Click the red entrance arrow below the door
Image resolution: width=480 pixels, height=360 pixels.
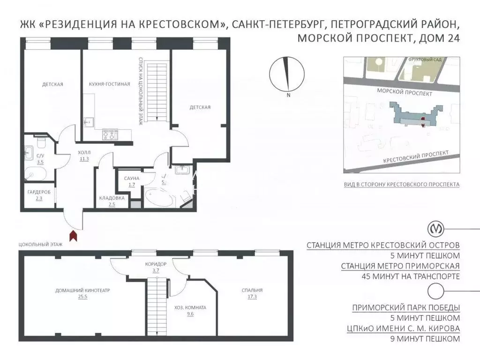(x=74, y=235)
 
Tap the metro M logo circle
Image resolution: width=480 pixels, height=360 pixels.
(x=437, y=230)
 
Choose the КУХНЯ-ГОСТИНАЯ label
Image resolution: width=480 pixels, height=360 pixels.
(x=109, y=84)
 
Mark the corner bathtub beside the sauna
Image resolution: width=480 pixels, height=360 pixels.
(x=158, y=198)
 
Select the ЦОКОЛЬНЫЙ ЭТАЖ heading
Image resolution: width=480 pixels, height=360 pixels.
(x=40, y=245)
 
